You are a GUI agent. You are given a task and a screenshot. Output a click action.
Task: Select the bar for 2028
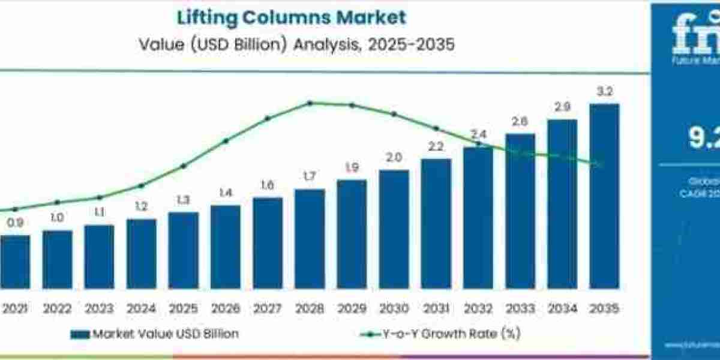pos(310,239)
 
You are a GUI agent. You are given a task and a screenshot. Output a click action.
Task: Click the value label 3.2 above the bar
pos(604,92)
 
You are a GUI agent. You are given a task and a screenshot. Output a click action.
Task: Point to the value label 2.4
pos(478,134)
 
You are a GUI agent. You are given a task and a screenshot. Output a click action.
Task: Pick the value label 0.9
pos(15,223)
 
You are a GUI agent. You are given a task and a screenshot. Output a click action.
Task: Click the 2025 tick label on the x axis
pos(183,308)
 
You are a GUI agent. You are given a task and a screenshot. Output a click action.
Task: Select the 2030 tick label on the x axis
pos(394,308)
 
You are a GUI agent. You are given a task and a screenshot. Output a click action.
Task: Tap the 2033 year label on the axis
pos(520,308)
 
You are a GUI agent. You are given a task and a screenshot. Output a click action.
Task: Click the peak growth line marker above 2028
pos(310,103)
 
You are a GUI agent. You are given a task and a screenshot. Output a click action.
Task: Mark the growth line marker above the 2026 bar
pos(226,141)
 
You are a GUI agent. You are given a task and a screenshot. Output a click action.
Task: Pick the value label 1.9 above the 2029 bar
pos(352,167)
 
